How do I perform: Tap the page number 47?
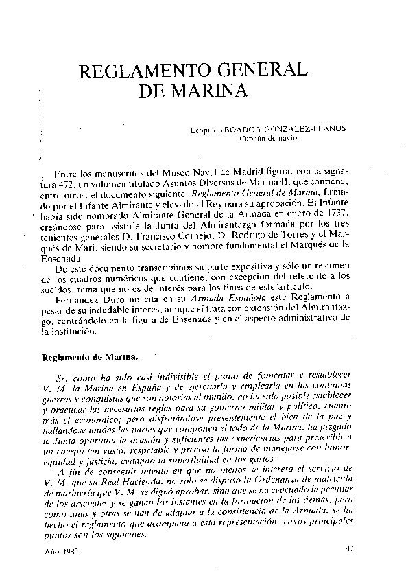click(x=350, y=548)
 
